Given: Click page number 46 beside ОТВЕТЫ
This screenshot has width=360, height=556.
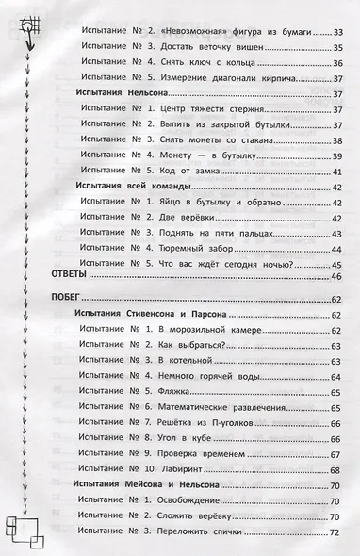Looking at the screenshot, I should point(335,274).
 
